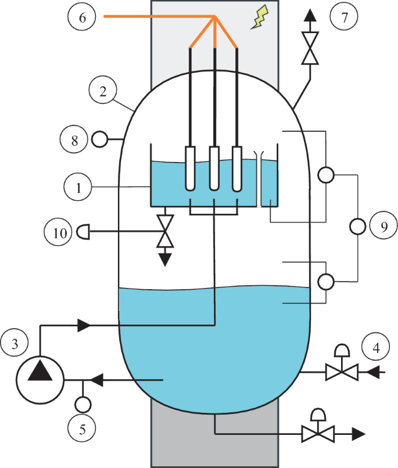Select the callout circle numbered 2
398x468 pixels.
click(103, 91)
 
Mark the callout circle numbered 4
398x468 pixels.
click(375, 348)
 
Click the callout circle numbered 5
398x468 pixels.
click(82, 430)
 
